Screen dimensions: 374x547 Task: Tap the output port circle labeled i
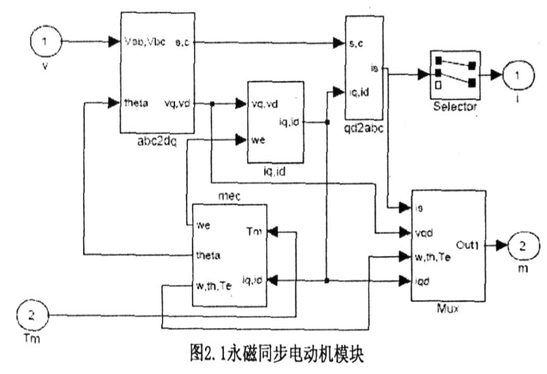pos(514,74)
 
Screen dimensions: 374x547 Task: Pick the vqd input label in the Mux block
pos(426,234)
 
